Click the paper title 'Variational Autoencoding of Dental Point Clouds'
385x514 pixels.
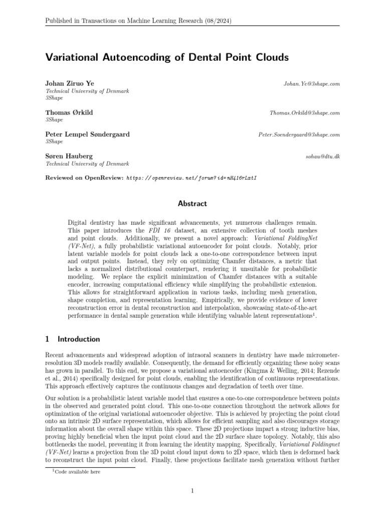pyautogui.click(x=167, y=58)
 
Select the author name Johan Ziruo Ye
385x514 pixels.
pyautogui.click(x=69, y=83)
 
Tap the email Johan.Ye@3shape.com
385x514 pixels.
pyautogui.click(x=312, y=84)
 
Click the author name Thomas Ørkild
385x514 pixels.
pyautogui.click(x=69, y=113)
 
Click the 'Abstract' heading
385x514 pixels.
pyautogui.click(x=192, y=204)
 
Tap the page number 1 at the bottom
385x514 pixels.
pyautogui.click(x=192, y=490)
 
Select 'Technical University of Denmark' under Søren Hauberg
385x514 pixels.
pyautogui.click(x=87, y=164)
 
